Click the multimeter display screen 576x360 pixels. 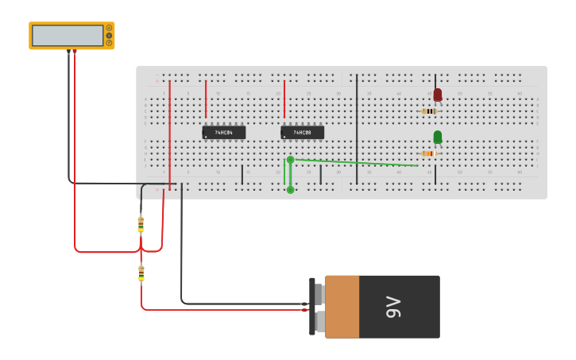pyautogui.click(x=68, y=36)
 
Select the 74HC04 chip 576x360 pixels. pyautogui.click(x=223, y=133)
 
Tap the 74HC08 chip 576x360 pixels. pyautogui.click(x=302, y=133)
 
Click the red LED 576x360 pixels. pyautogui.click(x=437, y=95)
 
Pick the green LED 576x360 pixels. pyautogui.click(x=437, y=137)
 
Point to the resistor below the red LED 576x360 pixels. pyautogui.click(x=430, y=111)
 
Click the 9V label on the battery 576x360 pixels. pyautogui.click(x=393, y=307)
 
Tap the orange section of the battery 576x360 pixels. pyautogui.click(x=342, y=307)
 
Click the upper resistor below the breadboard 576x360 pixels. pyautogui.click(x=141, y=225)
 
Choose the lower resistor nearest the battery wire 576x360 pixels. pyautogui.click(x=141, y=273)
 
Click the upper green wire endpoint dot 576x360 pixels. pyautogui.click(x=290, y=160)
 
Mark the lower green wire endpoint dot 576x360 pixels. pyautogui.click(x=290, y=189)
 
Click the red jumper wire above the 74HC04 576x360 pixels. pyautogui.click(x=206, y=99)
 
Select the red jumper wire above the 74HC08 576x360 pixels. pyautogui.click(x=284, y=99)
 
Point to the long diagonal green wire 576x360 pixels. pyautogui.click(x=358, y=163)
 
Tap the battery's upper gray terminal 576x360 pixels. pyautogui.click(x=319, y=294)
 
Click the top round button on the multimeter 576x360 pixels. pyautogui.click(x=109, y=28)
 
